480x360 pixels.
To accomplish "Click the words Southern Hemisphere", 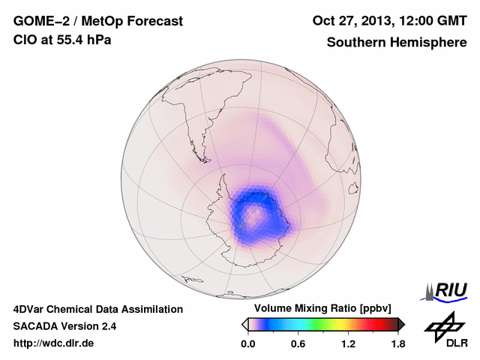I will pyautogui.click(x=397, y=43).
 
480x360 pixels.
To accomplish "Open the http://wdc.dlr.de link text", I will pyautogui.click(x=55, y=343).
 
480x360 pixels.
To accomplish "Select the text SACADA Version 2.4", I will pyautogui.click(x=64, y=326).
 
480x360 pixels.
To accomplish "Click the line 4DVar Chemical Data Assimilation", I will pyautogui.click(x=98, y=309).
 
